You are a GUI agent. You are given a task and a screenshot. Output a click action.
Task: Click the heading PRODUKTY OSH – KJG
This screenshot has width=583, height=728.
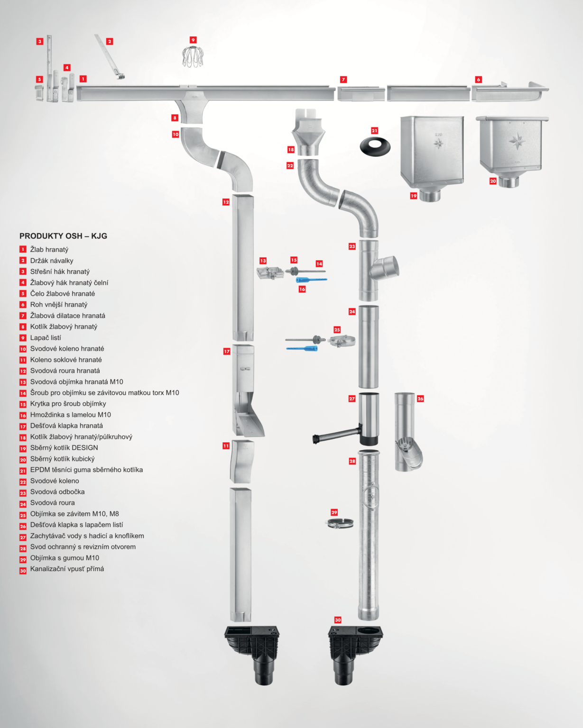[x=63, y=236]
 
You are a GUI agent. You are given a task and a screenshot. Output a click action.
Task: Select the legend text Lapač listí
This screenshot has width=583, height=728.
[x=46, y=337]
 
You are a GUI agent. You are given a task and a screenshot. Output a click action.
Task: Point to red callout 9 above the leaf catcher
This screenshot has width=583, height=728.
[x=193, y=40]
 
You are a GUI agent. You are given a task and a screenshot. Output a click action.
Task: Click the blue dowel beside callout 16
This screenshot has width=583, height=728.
[x=311, y=280]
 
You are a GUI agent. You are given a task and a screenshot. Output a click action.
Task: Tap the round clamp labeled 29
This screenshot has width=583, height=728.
[x=340, y=523]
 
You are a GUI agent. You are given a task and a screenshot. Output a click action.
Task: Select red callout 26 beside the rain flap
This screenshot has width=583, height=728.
[x=420, y=399]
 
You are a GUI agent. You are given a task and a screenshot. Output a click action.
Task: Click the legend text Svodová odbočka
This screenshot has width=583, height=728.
[x=57, y=491]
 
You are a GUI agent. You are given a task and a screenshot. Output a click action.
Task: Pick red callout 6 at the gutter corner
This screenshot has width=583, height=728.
[x=479, y=80]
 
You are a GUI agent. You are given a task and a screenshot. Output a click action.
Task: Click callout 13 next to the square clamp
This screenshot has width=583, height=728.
[x=263, y=261]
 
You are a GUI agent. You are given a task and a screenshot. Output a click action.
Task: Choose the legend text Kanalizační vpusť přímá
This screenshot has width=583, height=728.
[x=67, y=569]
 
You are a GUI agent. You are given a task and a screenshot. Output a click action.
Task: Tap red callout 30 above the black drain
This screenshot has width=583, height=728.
[x=338, y=620]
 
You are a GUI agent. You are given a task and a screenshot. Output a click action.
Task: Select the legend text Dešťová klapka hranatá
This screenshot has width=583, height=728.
[x=66, y=426]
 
